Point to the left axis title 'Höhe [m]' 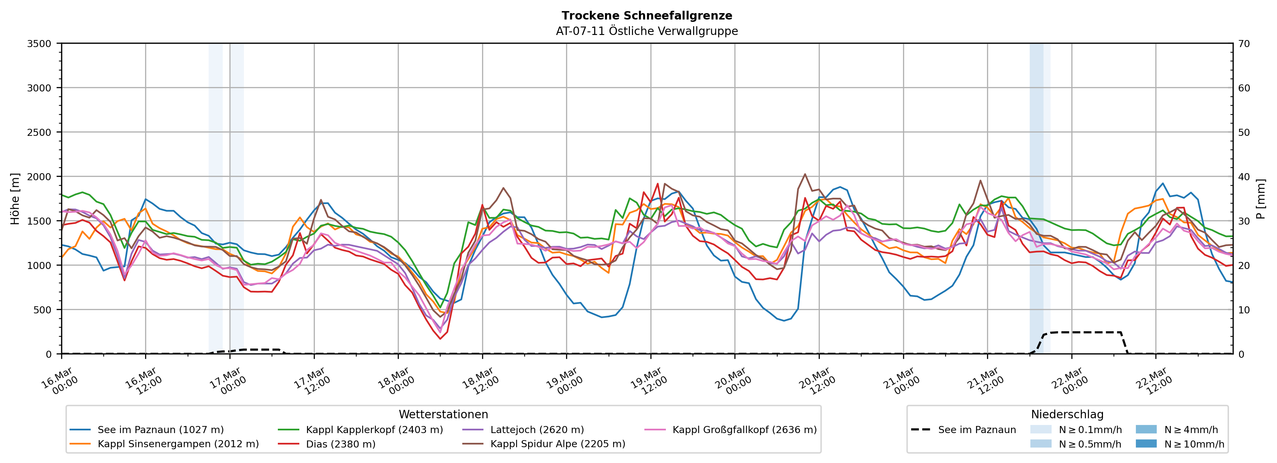pyautogui.click(x=15, y=198)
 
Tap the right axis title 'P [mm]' pyautogui.click(x=1261, y=198)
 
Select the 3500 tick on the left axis pyautogui.click(x=39, y=44)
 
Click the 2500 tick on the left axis pyautogui.click(x=39, y=132)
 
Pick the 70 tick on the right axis pyautogui.click(x=1244, y=44)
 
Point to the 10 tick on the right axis pyautogui.click(x=1244, y=310)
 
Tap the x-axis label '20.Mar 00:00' pyautogui.click(x=732, y=381)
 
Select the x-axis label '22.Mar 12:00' pyautogui.click(x=1153, y=381)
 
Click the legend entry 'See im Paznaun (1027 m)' pyautogui.click(x=160, y=430)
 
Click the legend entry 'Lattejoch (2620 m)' pyautogui.click(x=537, y=430)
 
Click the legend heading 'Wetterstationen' pyautogui.click(x=443, y=414)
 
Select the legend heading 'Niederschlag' pyautogui.click(x=1067, y=414)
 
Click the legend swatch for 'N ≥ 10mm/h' pyautogui.click(x=1146, y=443)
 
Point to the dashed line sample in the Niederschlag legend pyautogui.click(x=921, y=430)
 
